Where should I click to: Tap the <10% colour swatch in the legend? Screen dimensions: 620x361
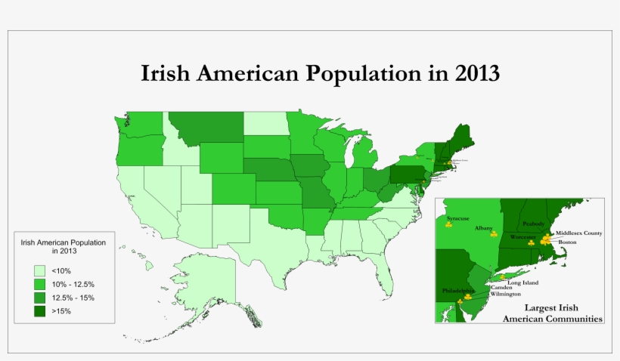[x=39, y=270]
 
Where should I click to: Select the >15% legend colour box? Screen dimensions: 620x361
[x=39, y=310]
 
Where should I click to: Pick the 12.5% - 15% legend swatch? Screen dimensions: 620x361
[x=39, y=297]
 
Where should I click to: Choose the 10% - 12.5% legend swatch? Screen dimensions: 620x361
[x=39, y=283]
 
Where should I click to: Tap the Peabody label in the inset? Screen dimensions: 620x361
[x=533, y=224]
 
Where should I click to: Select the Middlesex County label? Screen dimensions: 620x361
[x=579, y=233]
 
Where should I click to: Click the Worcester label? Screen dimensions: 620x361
[x=522, y=237]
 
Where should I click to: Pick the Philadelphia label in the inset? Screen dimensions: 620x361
[x=459, y=291]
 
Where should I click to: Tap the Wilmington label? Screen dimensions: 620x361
[x=505, y=294]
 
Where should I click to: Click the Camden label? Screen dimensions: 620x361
[x=501, y=287]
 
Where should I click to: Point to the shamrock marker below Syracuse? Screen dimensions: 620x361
[x=449, y=225]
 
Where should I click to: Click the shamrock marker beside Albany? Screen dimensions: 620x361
[x=494, y=234]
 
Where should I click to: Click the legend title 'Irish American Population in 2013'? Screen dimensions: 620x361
[x=64, y=245]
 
